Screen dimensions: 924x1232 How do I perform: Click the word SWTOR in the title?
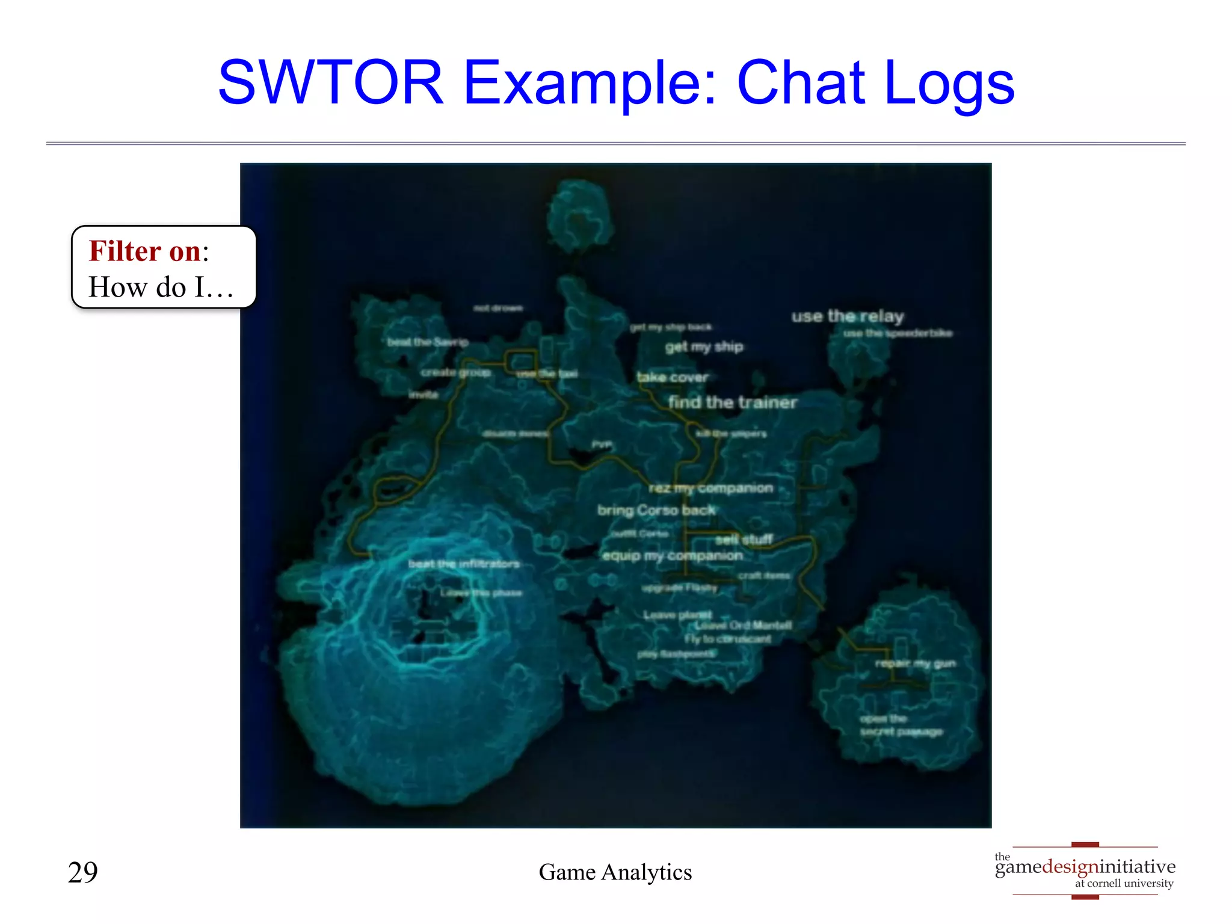pyautogui.click(x=330, y=82)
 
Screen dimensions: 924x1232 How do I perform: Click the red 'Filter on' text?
pyautogui.click(x=145, y=251)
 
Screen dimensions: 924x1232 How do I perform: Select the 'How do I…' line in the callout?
pyautogui.click(x=161, y=288)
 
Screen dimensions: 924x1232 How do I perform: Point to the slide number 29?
pyautogui.click(x=83, y=872)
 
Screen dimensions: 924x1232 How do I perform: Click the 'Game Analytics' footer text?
pyautogui.click(x=615, y=872)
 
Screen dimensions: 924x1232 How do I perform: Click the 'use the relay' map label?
pyautogui.click(x=847, y=316)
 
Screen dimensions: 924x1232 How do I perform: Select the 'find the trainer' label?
pyautogui.click(x=732, y=402)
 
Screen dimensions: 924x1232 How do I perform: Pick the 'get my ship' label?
pyautogui.click(x=704, y=346)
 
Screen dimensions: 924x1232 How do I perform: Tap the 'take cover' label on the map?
pyautogui.click(x=672, y=378)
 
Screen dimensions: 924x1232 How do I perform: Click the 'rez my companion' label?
pyautogui.click(x=710, y=488)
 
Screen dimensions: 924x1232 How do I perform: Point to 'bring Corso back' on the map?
pyautogui.click(x=656, y=511)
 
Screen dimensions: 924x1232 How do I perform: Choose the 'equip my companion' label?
pyautogui.click(x=672, y=556)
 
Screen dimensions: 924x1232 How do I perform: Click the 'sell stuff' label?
pyautogui.click(x=744, y=540)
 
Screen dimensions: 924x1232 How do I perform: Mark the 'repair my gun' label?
pyautogui.click(x=915, y=664)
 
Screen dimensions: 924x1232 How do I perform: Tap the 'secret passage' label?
pyautogui.click(x=901, y=731)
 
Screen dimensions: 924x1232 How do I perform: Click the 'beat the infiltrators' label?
pyautogui.click(x=463, y=564)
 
